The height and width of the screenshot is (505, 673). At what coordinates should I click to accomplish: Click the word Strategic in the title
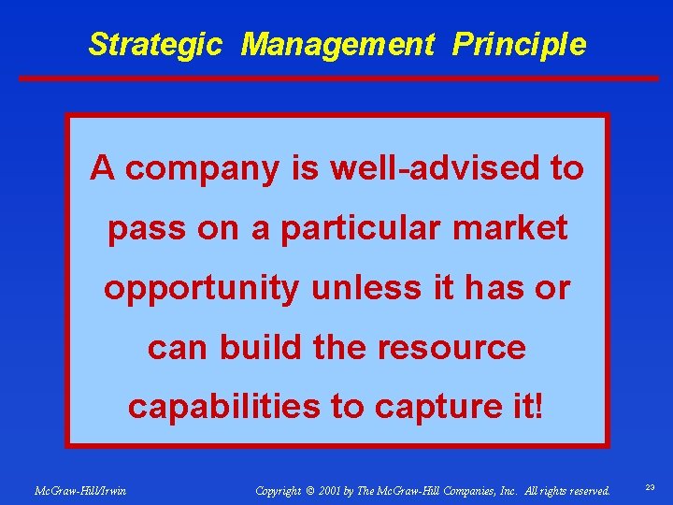pos(155,44)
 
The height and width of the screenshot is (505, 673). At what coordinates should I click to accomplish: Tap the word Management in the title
pos(337,44)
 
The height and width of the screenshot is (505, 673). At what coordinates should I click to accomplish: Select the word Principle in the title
pos(519,44)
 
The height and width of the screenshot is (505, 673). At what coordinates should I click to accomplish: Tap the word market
pos(521,228)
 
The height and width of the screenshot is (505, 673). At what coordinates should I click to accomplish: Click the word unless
pos(350,288)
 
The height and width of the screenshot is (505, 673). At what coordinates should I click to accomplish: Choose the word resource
pos(451,349)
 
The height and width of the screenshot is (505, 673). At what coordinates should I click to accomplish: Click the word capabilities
pos(220,408)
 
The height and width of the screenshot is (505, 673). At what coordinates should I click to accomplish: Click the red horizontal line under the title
pos(336,78)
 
